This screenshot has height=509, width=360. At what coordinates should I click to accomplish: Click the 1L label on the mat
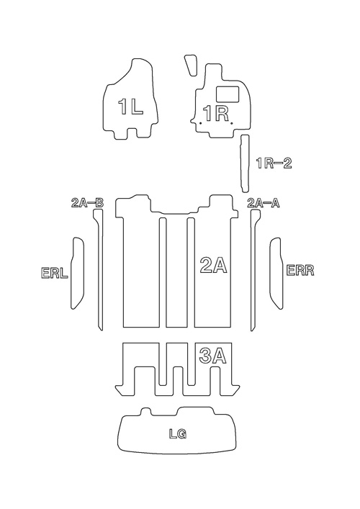click(130, 107)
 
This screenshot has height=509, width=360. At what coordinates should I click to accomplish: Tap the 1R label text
click(216, 114)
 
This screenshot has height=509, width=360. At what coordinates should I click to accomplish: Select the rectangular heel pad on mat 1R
click(228, 94)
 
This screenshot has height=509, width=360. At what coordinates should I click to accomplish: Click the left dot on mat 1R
click(201, 123)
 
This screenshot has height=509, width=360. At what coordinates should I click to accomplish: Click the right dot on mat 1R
click(231, 123)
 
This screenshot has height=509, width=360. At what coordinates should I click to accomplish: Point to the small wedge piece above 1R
click(191, 65)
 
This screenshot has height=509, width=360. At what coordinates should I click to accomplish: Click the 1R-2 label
click(274, 163)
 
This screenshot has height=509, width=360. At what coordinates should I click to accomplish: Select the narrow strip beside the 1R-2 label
click(244, 163)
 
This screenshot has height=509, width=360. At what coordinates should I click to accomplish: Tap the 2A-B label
click(87, 203)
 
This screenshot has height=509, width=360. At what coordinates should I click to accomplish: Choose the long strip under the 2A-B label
click(99, 269)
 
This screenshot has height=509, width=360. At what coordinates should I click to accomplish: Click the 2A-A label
click(264, 203)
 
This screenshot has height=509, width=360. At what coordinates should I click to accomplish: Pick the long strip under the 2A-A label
click(254, 269)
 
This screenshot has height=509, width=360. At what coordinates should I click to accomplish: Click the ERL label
click(54, 273)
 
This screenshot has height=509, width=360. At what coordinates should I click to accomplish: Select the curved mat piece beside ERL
click(78, 273)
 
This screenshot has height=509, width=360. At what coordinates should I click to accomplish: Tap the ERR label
click(300, 270)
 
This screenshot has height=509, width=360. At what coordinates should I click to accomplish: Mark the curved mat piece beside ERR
click(276, 273)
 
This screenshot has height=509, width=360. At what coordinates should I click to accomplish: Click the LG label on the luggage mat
click(178, 433)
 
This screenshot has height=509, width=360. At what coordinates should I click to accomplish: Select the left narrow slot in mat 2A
click(163, 272)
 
